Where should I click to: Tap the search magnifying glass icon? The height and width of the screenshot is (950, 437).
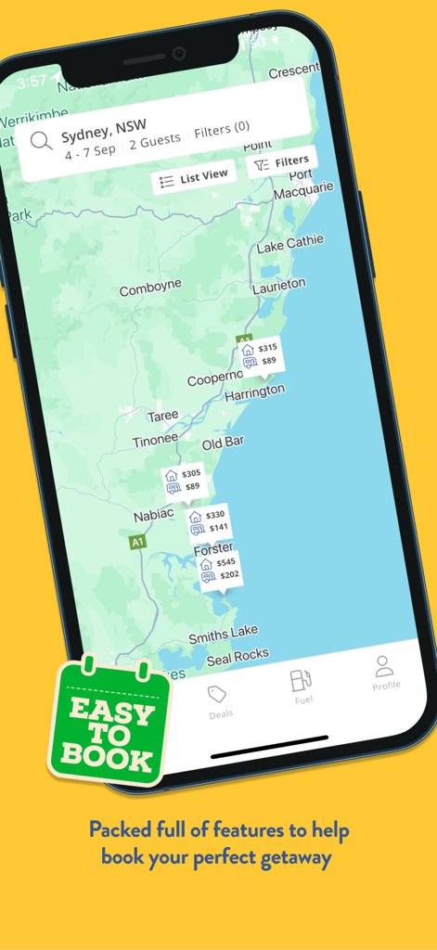[x=41, y=141]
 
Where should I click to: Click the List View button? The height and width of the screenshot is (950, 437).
[x=193, y=178]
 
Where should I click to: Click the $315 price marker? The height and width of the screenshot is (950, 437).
[x=260, y=354]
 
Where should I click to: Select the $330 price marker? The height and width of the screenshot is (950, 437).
[x=208, y=521]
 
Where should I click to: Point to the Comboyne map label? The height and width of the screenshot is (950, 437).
[x=150, y=290]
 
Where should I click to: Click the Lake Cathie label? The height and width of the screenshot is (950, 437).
[x=290, y=244]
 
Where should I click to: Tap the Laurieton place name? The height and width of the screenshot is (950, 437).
[x=278, y=286]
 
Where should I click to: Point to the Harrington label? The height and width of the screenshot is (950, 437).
[x=254, y=392]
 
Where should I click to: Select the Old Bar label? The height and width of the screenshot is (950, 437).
[x=223, y=443]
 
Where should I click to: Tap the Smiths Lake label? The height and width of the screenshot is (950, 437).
[x=223, y=635]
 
